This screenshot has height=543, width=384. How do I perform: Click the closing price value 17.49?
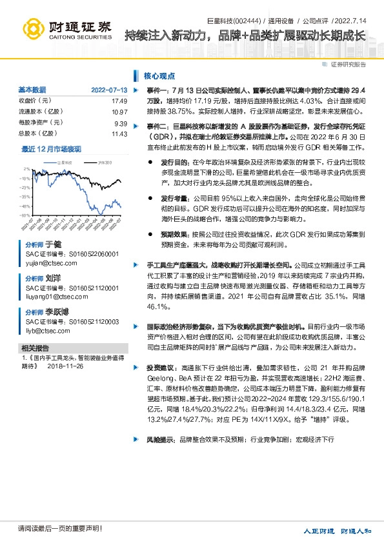pyautogui.click(x=119, y=101)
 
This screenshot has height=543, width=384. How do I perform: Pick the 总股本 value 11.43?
pyautogui.click(x=120, y=133)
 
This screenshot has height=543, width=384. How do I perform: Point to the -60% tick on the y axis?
pyautogui.click(x=25, y=215)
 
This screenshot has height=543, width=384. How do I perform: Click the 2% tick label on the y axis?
pyautogui.click(x=27, y=169)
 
